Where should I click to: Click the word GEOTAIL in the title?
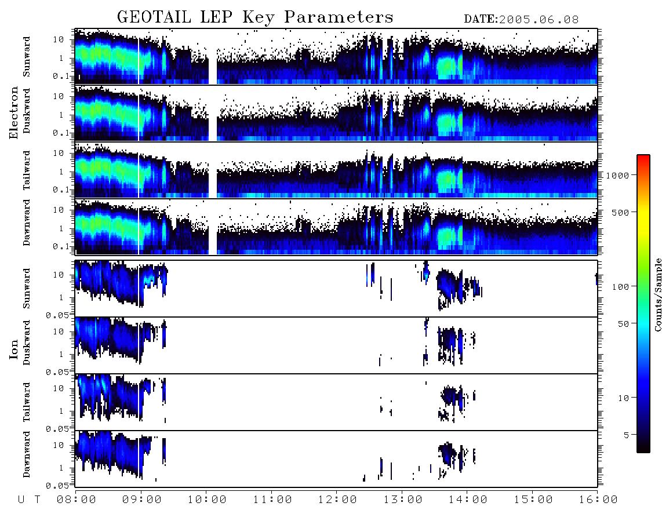(154, 17)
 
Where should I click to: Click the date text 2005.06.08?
(539, 20)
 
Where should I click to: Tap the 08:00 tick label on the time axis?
(77, 500)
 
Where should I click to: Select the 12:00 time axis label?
(337, 500)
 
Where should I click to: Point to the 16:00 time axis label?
(598, 500)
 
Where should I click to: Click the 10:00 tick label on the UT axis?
(207, 500)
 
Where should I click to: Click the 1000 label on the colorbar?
(617, 175)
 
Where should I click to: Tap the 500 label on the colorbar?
(620, 212)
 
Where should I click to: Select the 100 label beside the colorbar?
(620, 287)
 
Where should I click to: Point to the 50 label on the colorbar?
(623, 324)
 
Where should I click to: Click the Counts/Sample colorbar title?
(657, 294)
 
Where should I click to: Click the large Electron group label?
(14, 112)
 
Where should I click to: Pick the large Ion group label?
(14, 349)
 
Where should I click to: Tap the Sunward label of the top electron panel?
(27, 57)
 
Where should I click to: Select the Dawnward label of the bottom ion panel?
(27, 454)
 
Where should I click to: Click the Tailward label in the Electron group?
(27, 170)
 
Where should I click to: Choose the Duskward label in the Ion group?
(27, 343)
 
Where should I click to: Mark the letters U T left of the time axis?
(29, 500)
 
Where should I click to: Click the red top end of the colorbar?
(643, 156)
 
